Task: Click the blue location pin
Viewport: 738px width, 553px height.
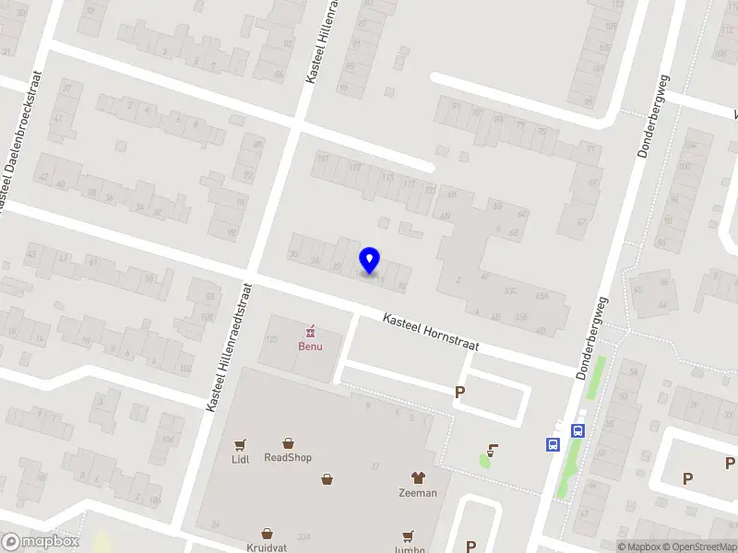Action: [370, 261]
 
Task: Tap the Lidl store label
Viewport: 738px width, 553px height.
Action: [242, 458]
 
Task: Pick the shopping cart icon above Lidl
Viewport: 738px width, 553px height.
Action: [242, 443]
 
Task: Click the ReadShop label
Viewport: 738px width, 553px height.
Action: [288, 457]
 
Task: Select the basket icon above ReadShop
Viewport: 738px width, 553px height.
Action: [288, 443]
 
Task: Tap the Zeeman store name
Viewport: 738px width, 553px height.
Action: [417, 492]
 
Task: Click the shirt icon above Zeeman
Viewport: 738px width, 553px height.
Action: [417, 477]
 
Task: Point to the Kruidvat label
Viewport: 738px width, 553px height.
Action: [268, 547]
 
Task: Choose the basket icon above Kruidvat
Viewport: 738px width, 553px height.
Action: [268, 533]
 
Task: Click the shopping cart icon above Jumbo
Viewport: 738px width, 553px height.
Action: [408, 535]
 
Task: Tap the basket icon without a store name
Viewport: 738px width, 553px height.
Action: [327, 478]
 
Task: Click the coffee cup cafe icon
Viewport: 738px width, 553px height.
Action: [493, 451]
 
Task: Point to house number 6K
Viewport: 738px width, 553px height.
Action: [452, 194]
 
